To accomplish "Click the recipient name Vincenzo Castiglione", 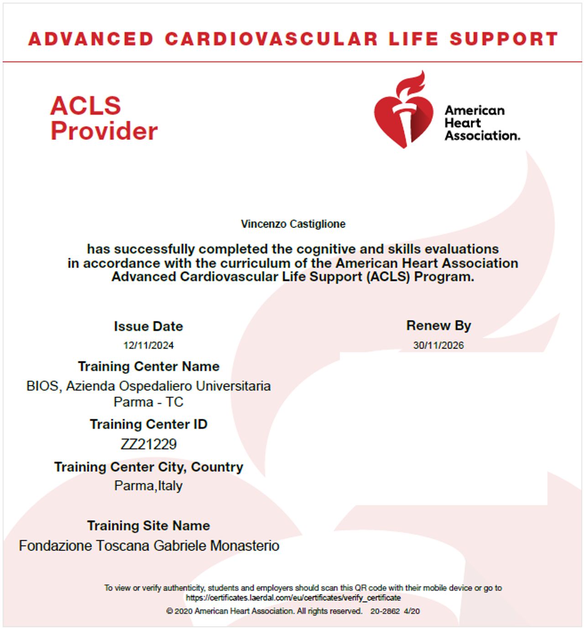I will coord(293,224).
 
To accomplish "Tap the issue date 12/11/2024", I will coord(148,345).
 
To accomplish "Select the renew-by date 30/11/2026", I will coord(438,345).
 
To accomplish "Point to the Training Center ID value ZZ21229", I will coord(148,444).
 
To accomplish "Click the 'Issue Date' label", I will coord(148,326).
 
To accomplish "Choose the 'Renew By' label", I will coord(438,325).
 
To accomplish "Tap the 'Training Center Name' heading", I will coord(148,366).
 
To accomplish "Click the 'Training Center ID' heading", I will coord(148,424).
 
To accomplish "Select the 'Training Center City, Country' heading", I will coord(148,467).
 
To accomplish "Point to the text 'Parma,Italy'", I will coord(148,486).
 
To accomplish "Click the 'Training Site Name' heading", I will coord(148,526).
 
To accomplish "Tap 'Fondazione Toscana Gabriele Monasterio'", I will coord(149,546).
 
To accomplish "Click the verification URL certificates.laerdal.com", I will coord(293,598).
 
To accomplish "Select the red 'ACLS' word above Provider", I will coord(85,106).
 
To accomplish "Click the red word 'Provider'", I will coord(104,131).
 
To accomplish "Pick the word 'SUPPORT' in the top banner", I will coord(504,39).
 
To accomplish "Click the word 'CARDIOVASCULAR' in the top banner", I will coord(271,39).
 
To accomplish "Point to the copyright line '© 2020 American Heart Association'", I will coord(264,611).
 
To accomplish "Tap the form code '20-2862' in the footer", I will coord(385,611).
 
